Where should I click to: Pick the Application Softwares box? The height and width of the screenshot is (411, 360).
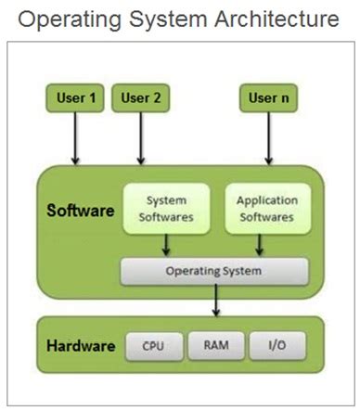click(266, 209)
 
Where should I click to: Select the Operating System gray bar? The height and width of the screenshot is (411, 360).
click(214, 271)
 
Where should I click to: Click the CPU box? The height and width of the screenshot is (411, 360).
click(153, 346)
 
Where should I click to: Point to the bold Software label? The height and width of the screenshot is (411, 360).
click(81, 210)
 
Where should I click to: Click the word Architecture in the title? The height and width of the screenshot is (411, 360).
click(276, 19)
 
